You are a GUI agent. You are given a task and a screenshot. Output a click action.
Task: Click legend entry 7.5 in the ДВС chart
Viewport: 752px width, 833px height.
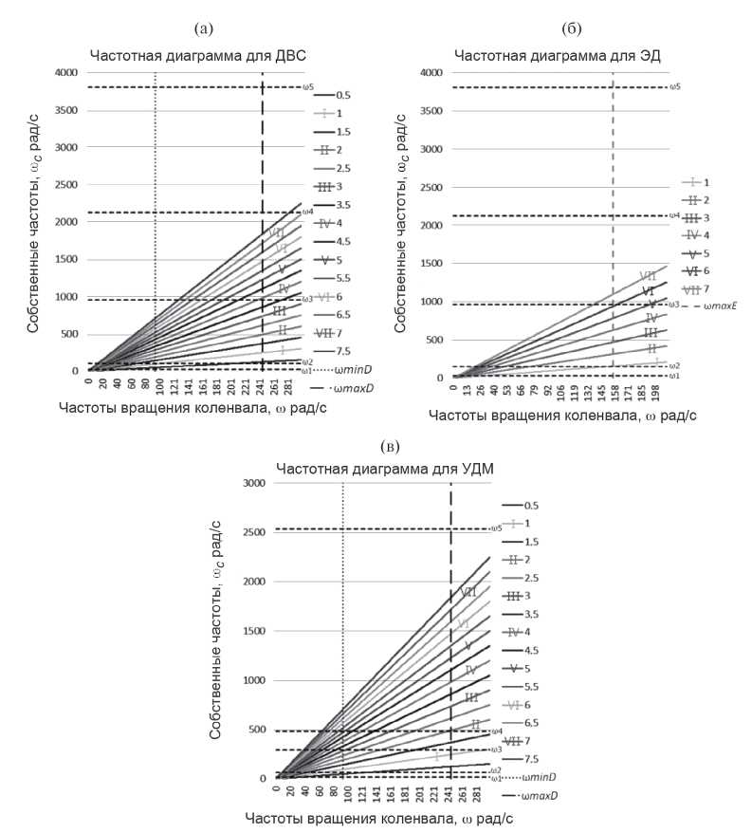click(x=343, y=351)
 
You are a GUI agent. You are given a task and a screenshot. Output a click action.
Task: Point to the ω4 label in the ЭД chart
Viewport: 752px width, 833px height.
click(x=674, y=216)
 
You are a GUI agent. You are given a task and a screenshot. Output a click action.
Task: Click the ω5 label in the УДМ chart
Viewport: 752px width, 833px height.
click(x=494, y=528)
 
